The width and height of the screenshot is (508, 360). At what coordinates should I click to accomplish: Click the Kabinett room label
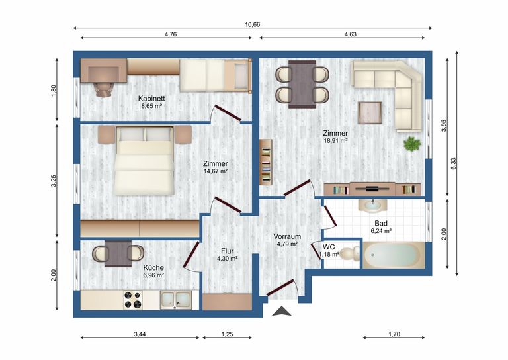pos(151,98)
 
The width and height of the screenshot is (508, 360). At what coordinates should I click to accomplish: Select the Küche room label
pos(153,267)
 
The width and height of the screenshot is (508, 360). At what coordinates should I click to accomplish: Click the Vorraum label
pos(287,236)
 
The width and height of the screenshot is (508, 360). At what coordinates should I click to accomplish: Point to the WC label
pos(329,246)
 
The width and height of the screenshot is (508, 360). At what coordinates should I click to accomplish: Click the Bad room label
pos(381,224)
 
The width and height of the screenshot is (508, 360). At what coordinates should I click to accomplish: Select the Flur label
pos(228,251)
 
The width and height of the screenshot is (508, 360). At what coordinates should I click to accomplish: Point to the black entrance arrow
pos(281,311)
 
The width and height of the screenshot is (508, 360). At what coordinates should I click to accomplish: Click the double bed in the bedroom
pos(145,161)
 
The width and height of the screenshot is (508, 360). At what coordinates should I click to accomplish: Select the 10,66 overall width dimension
pos(252,24)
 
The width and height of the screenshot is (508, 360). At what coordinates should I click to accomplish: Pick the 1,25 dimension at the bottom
pos(227,334)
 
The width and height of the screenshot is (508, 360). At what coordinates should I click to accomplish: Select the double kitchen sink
pos(175,300)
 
